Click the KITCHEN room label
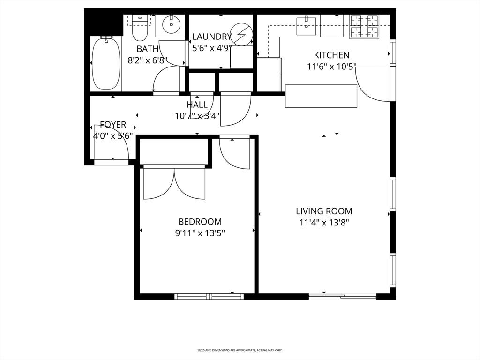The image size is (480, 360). pyautogui.click(x=331, y=55)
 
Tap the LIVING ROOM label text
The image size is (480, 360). pyautogui.click(x=324, y=211)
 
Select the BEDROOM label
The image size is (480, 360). pyautogui.click(x=200, y=222)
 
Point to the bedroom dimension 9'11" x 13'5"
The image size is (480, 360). pyautogui.click(x=200, y=233)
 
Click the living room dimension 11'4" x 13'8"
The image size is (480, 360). pyautogui.click(x=324, y=223)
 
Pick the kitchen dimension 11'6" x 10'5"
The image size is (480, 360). pyautogui.click(x=331, y=67)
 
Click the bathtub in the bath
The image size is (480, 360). pyautogui.click(x=106, y=63)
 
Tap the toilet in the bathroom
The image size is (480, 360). pyautogui.click(x=140, y=28)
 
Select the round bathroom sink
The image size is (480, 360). pyautogui.click(x=171, y=24)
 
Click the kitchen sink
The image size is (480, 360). pyautogui.click(x=306, y=22)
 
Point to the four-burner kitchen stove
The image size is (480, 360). pyautogui.click(x=364, y=27)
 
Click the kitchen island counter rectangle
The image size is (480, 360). pyautogui.click(x=321, y=96)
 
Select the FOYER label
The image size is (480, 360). pyautogui.click(x=113, y=125)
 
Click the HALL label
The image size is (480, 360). pyautogui.click(x=197, y=105)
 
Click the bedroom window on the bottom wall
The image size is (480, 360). pyautogui.click(x=209, y=296)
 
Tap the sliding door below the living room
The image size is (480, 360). pyautogui.click(x=343, y=296)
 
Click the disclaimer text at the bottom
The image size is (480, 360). pyautogui.click(x=240, y=350)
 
